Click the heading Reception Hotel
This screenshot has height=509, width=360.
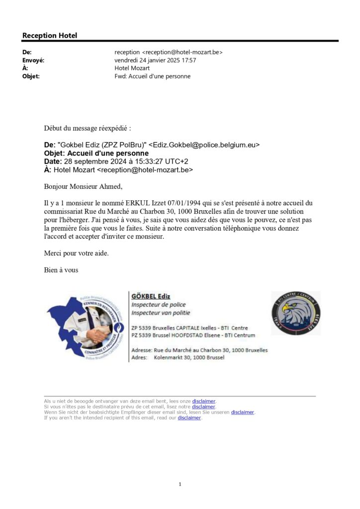[50, 35]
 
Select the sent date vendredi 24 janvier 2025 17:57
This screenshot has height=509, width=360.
[155, 60]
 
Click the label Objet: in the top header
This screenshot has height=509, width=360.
[31, 76]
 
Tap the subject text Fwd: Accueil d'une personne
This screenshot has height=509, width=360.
[152, 76]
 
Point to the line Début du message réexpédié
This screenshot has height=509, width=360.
[88, 128]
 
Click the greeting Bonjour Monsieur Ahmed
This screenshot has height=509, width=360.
[83, 187]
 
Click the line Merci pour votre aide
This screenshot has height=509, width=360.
[76, 253]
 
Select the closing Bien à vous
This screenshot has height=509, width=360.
[61, 270]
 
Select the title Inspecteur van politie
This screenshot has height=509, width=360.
[160, 313]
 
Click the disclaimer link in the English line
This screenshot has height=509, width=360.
[189, 418]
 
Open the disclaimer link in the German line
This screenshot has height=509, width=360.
[242, 412]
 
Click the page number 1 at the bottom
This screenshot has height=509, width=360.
[180, 484]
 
